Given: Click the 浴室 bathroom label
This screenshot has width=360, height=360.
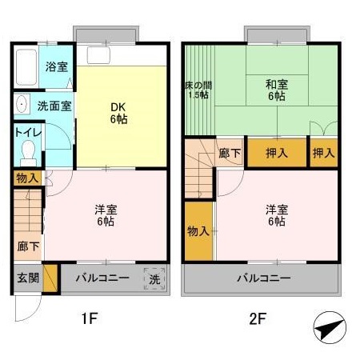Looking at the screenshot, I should (x=55, y=67).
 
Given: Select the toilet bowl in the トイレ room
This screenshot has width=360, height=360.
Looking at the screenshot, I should (x=30, y=150).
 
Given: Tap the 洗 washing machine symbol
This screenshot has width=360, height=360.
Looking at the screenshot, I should (x=155, y=279).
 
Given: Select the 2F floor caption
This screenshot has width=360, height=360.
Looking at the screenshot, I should (x=257, y=320).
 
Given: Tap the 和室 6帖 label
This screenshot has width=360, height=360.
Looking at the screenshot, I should (x=277, y=88).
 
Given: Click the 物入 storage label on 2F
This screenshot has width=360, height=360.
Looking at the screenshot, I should (x=198, y=231).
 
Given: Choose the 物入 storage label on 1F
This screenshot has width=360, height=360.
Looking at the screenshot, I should (x=26, y=178).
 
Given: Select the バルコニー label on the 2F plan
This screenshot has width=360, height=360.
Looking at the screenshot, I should (x=262, y=278).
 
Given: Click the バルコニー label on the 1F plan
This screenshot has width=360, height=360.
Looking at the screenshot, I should (x=102, y=278).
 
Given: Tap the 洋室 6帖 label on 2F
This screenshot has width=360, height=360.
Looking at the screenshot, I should (x=277, y=215).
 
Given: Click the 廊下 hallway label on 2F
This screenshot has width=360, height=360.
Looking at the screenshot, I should (x=230, y=153).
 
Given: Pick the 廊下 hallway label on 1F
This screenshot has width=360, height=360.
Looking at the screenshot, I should (x=26, y=246).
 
